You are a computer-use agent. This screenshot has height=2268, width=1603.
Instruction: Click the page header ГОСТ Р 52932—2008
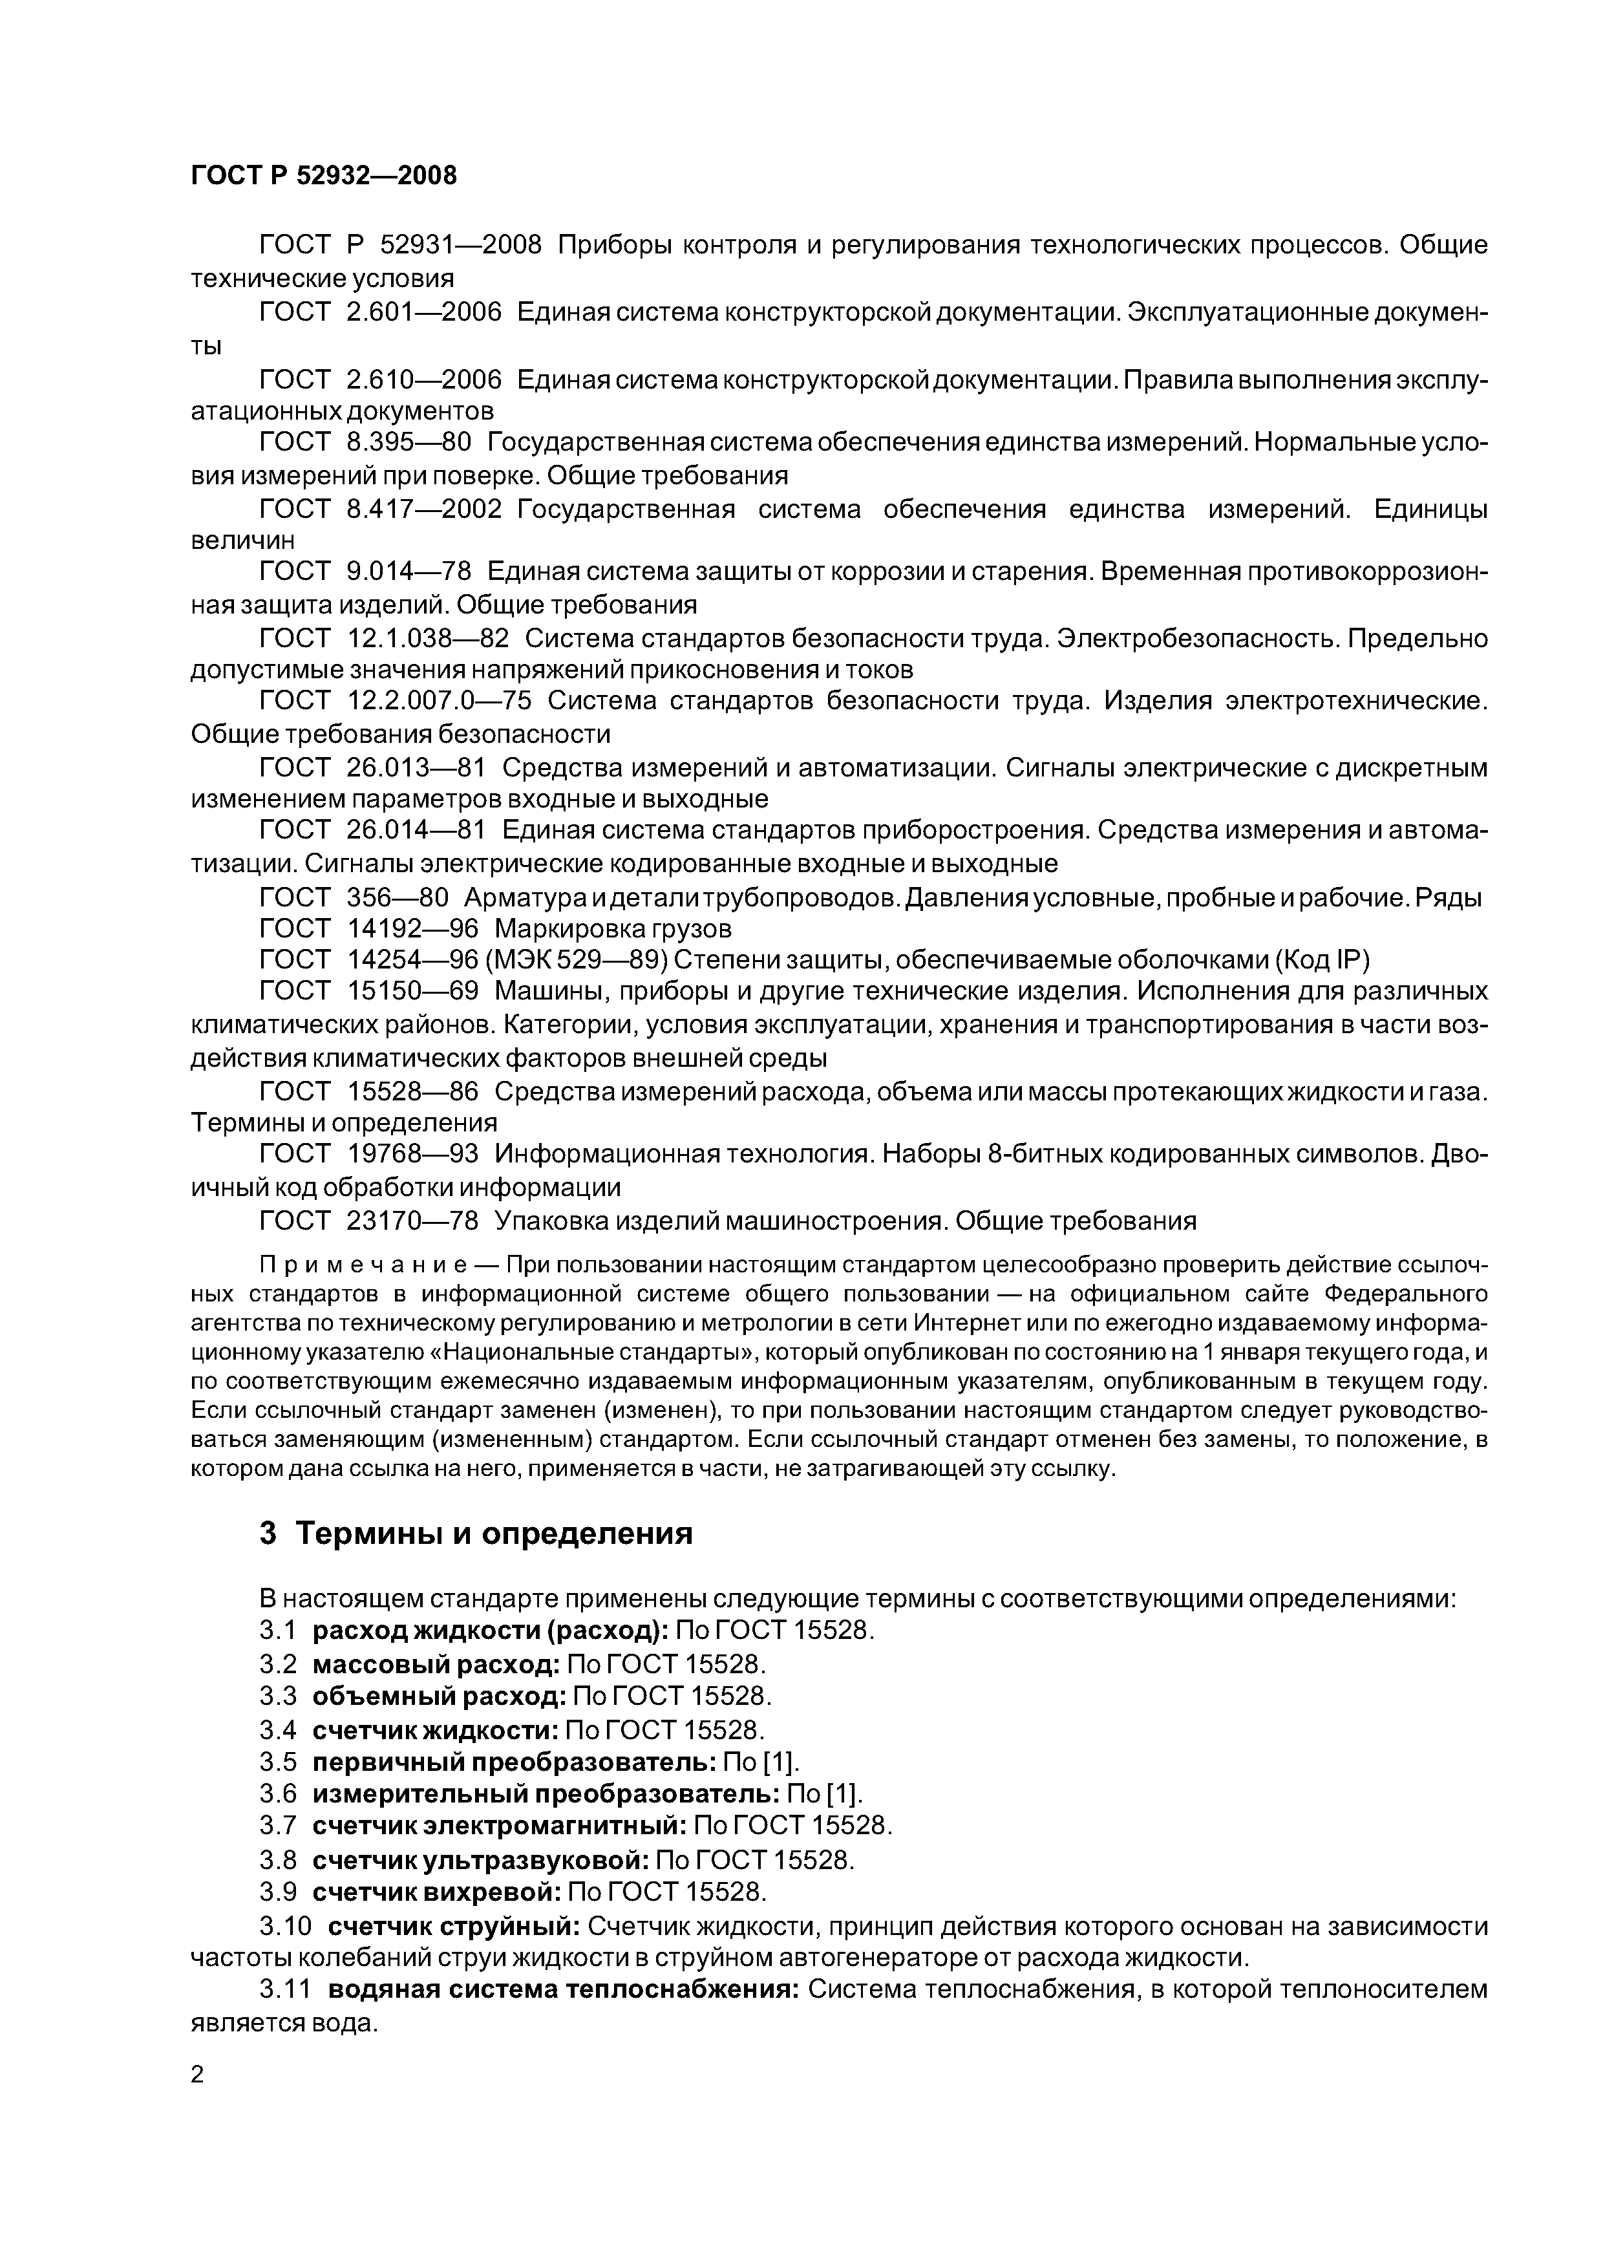pos(323,176)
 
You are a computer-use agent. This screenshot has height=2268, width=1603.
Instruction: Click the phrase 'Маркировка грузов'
pos(612,928)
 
